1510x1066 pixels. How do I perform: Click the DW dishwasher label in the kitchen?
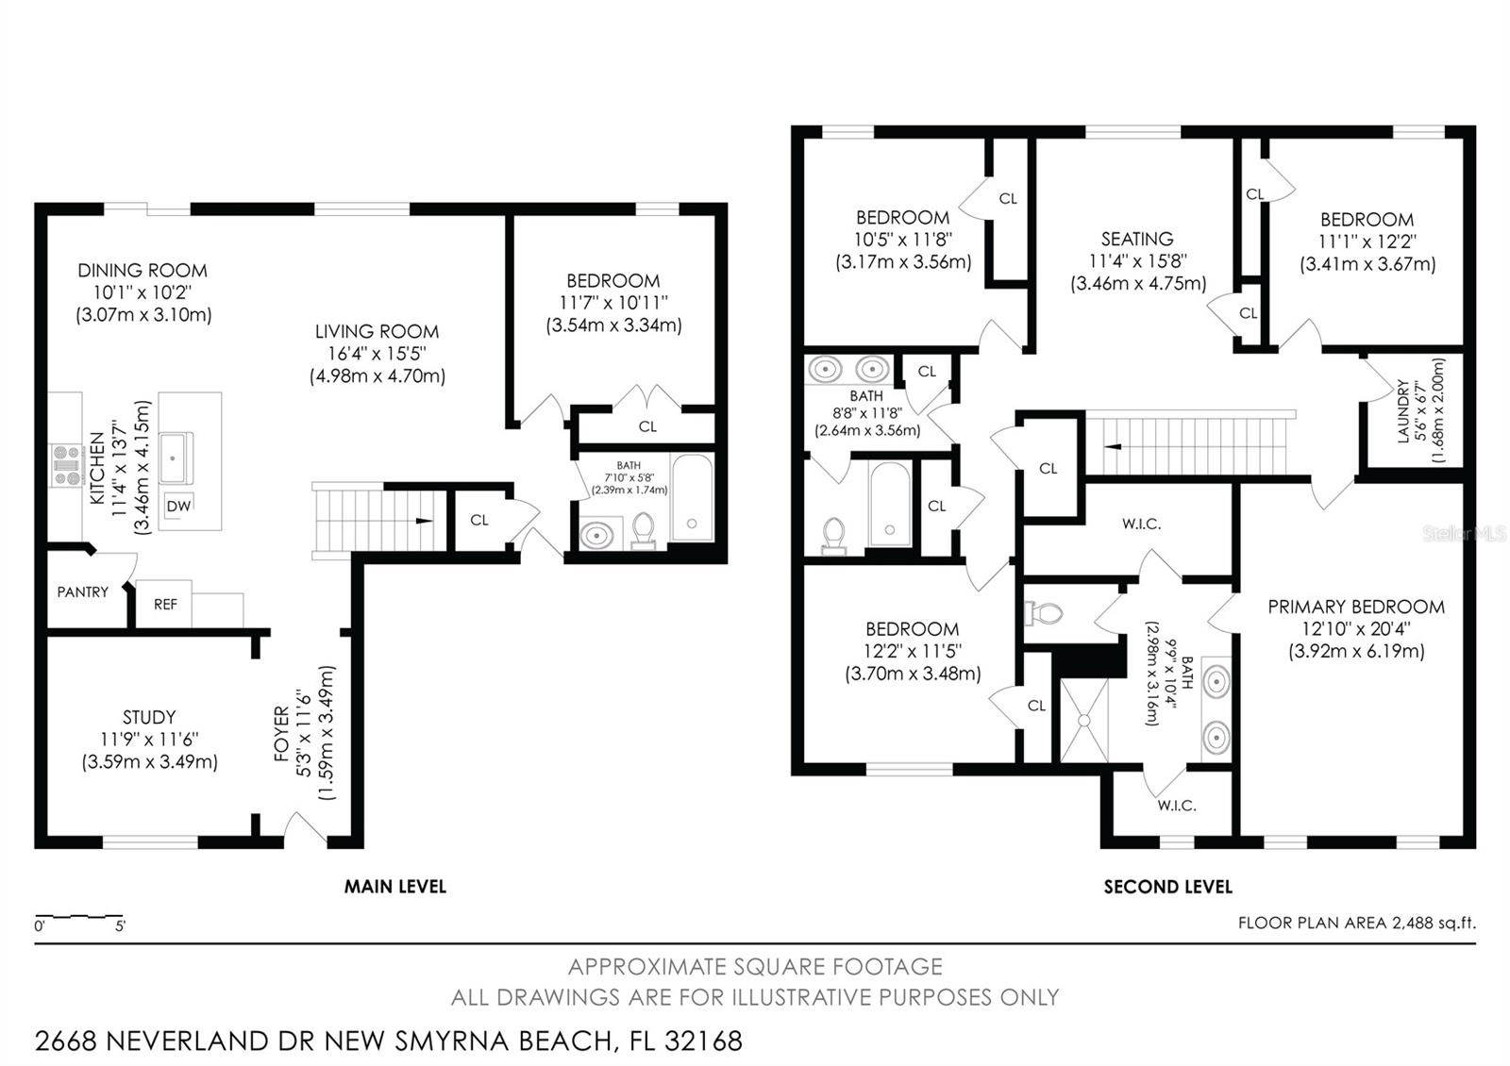[x=178, y=506]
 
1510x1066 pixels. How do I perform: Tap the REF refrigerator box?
[x=165, y=604]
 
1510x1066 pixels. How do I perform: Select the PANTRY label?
[x=83, y=591]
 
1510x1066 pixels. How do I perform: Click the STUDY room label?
[x=149, y=717]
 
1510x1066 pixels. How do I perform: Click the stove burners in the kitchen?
[x=66, y=466]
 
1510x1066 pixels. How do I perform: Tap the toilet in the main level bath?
[x=643, y=530]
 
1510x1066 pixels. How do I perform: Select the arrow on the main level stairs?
[x=421, y=521]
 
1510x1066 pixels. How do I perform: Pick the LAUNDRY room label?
[x=1402, y=411]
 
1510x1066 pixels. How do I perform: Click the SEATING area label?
[x=1137, y=239]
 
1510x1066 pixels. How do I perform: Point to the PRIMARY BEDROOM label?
[x=1355, y=607]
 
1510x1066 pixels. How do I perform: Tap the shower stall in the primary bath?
[x=1085, y=719]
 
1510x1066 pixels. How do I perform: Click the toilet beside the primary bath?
[x=1044, y=614]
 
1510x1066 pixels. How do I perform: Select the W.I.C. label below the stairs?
[x=1141, y=524]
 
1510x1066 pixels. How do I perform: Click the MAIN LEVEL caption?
[x=394, y=886]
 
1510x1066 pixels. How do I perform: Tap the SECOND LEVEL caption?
[x=1167, y=886]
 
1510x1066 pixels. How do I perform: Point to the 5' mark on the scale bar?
[x=120, y=926]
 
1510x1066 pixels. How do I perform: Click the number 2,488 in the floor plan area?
[x=1413, y=923]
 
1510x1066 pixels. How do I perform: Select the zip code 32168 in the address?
[x=703, y=1041]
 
